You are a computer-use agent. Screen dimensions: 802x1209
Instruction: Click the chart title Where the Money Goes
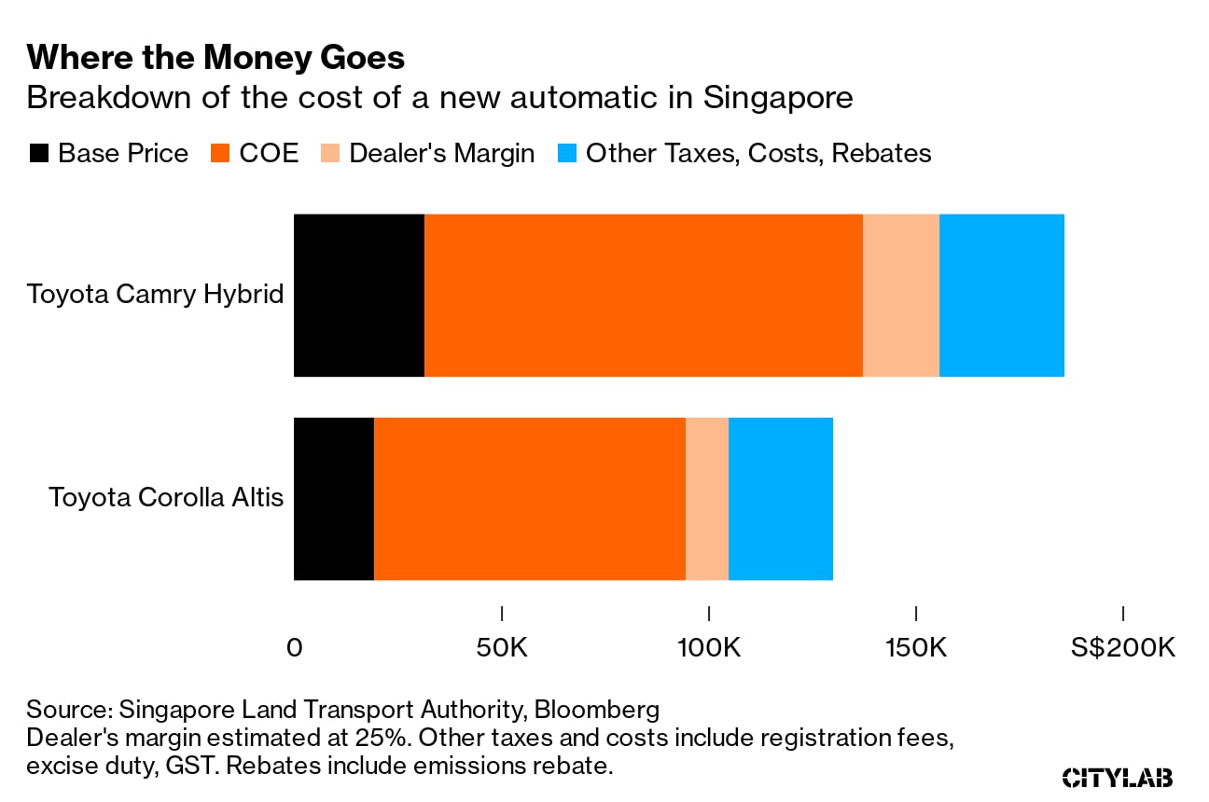click(x=215, y=58)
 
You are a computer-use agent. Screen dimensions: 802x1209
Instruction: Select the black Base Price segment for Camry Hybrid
click(x=359, y=295)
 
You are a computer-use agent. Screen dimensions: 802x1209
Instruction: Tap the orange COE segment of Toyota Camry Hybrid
click(x=644, y=295)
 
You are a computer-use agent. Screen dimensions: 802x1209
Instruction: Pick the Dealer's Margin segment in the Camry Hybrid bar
click(x=900, y=295)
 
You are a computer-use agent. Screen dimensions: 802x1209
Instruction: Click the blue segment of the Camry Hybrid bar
click(x=1001, y=295)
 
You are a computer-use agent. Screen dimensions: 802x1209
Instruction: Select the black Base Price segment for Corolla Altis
click(x=334, y=498)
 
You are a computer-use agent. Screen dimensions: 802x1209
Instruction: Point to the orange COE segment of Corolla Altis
click(x=530, y=498)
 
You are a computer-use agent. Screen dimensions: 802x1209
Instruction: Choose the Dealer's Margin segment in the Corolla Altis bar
click(x=706, y=498)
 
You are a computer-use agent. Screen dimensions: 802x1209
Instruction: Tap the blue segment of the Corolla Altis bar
click(x=780, y=498)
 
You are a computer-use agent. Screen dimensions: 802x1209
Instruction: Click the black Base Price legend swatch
click(x=38, y=153)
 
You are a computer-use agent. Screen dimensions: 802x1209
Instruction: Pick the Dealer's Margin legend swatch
click(x=329, y=153)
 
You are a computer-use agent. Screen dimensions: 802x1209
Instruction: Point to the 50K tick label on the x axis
click(x=502, y=647)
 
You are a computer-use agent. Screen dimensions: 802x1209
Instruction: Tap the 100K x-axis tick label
click(x=709, y=647)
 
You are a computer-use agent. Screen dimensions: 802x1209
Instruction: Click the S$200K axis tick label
click(x=1122, y=647)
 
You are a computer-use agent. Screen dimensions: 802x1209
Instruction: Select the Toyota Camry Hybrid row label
click(x=155, y=295)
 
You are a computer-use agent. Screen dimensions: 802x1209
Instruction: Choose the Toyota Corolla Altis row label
click(x=166, y=497)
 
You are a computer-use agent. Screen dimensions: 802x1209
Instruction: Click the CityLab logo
click(x=1118, y=778)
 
